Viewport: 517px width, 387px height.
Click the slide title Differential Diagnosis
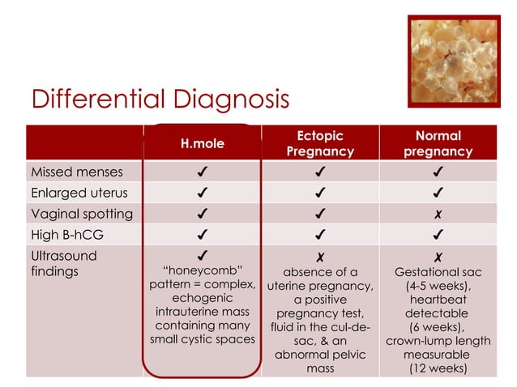pyautogui.click(x=160, y=100)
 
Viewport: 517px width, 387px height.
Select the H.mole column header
pyautogui.click(x=203, y=143)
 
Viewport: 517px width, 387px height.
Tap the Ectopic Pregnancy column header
pyautogui.click(x=320, y=143)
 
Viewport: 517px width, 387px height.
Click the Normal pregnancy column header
pyautogui.click(x=438, y=143)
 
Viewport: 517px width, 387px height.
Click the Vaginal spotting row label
pyautogui.click(x=81, y=214)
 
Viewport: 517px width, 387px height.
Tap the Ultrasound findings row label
pyautogui.click(x=63, y=263)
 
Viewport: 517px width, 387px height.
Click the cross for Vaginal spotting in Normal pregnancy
pyautogui.click(x=438, y=215)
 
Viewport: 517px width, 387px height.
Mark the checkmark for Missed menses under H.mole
pyautogui.click(x=202, y=172)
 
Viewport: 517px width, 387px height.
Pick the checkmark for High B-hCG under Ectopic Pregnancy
pyautogui.click(x=320, y=235)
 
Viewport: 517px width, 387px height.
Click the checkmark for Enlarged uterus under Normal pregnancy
pyautogui.click(x=438, y=193)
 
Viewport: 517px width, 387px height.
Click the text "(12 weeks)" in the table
pyautogui.click(x=438, y=368)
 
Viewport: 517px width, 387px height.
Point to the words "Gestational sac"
pyautogui.click(x=438, y=272)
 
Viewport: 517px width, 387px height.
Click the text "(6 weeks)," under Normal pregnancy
pyautogui.click(x=438, y=326)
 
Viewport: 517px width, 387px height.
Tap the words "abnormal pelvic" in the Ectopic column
pyautogui.click(x=320, y=354)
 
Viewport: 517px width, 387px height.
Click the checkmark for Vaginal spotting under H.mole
pyautogui.click(x=202, y=214)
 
